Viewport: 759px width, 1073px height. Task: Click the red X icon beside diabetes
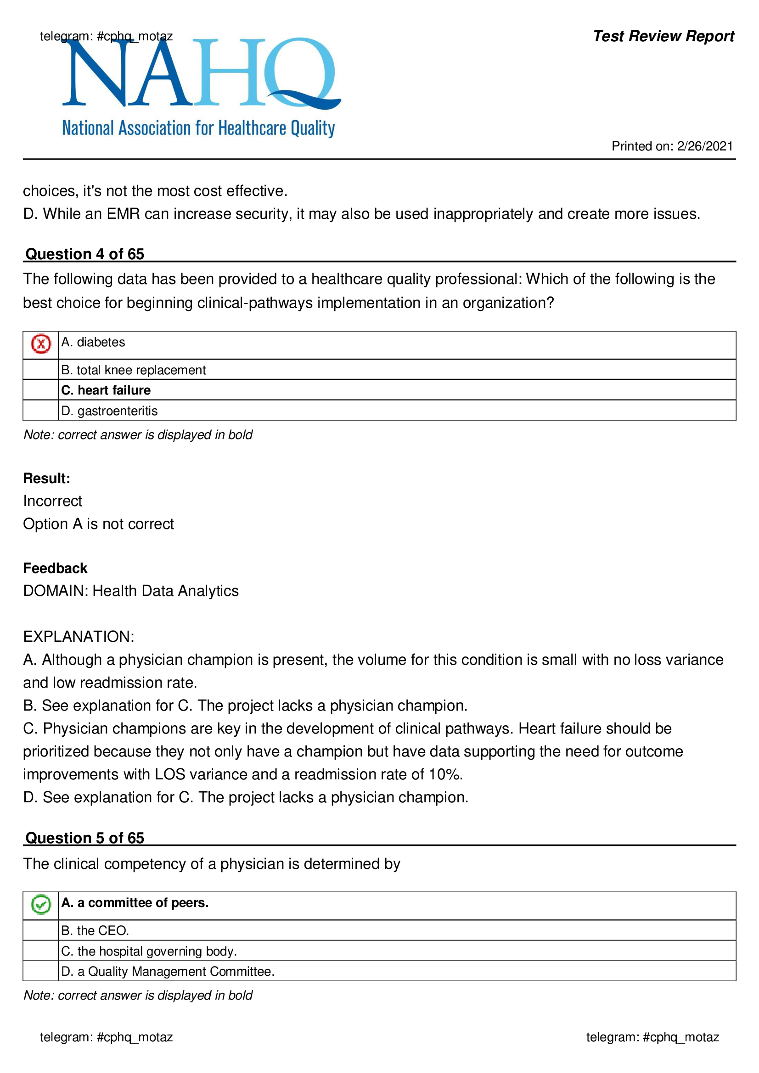click(41, 344)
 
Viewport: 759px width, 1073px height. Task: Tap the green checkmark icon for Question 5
click(41, 904)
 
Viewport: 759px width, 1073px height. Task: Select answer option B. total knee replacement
click(133, 370)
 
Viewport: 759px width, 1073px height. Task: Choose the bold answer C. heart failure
click(106, 390)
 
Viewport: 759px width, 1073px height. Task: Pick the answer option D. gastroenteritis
click(109, 410)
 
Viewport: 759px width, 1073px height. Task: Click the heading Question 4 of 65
click(84, 254)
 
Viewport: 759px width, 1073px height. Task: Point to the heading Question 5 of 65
click(84, 838)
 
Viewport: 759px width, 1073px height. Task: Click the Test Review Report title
click(663, 36)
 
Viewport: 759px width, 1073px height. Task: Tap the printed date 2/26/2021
click(704, 146)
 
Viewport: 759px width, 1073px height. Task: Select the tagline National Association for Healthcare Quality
click(198, 128)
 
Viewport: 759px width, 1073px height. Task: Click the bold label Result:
click(47, 478)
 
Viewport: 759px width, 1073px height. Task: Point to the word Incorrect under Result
click(52, 501)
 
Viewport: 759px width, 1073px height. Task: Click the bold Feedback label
click(55, 568)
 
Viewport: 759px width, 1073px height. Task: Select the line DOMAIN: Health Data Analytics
click(131, 591)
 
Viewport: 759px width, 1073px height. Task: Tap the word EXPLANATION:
click(79, 637)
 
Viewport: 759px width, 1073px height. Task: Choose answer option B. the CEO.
click(95, 930)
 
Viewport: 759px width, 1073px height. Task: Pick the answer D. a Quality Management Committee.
click(168, 971)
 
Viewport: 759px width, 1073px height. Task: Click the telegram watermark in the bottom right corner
click(652, 1037)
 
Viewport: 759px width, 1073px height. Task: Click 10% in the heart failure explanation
click(444, 774)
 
